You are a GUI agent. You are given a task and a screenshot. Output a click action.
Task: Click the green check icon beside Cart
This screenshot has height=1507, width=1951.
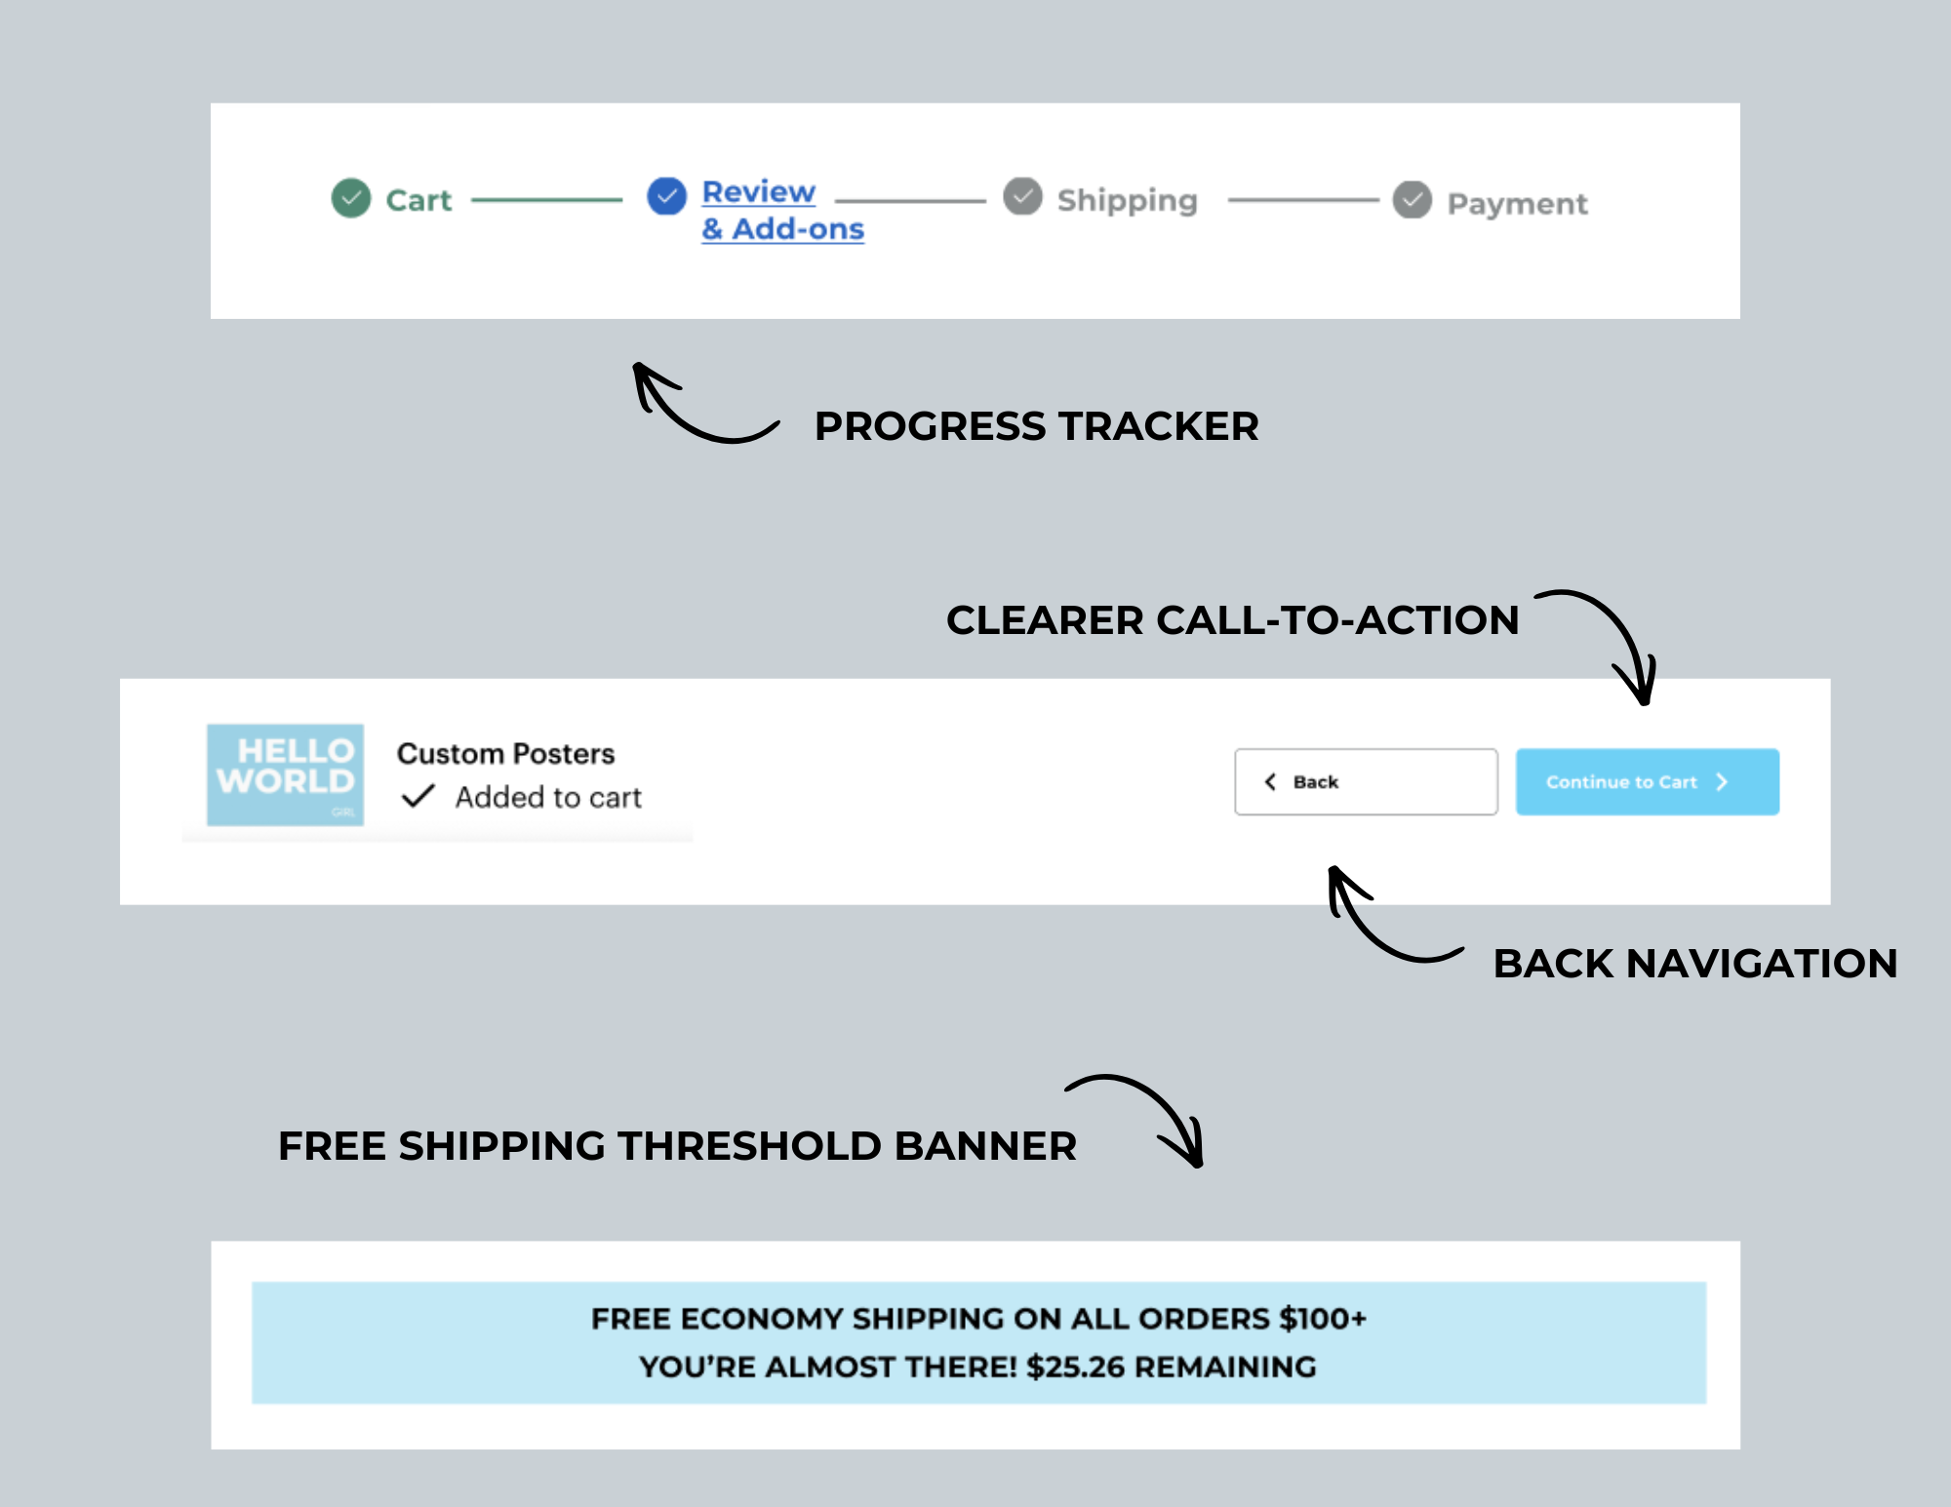[x=351, y=198]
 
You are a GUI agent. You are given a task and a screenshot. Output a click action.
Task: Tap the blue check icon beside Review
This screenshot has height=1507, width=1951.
[x=667, y=196]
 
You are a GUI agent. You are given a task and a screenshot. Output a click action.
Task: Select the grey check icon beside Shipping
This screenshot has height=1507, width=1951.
[x=1022, y=196]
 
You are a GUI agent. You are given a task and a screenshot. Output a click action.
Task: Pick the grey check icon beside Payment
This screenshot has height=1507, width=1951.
[x=1412, y=200]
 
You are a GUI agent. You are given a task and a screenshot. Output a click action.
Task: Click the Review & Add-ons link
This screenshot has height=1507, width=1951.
[x=781, y=210]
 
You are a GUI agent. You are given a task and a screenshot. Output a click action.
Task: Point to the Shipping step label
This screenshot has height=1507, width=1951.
[x=1127, y=200]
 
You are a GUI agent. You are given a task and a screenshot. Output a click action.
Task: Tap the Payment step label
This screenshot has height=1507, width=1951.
[x=1517, y=204]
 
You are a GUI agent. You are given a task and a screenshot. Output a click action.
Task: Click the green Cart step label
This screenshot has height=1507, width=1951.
[x=418, y=200]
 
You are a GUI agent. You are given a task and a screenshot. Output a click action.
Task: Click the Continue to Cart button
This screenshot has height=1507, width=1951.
[x=1647, y=782]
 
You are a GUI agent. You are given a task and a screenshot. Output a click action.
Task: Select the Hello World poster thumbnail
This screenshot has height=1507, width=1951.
[x=285, y=774]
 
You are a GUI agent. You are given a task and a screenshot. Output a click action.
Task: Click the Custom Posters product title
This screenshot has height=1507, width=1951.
[x=505, y=754]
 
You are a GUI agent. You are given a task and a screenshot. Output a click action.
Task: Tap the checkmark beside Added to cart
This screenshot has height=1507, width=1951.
[x=418, y=797]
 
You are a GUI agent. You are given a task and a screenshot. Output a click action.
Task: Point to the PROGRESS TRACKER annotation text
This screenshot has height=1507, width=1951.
[x=1036, y=426]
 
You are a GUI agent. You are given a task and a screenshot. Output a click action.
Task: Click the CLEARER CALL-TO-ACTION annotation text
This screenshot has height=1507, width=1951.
[x=1232, y=620]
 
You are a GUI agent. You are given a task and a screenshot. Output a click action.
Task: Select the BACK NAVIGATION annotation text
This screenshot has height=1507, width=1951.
[x=1694, y=964]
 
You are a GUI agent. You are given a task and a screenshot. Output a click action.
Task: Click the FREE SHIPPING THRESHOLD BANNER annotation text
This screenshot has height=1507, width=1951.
[x=677, y=1146]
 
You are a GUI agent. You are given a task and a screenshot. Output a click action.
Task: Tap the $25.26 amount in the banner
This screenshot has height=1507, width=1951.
[x=1075, y=1367]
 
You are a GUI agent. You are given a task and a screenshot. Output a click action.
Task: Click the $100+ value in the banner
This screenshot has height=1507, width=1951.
[x=1322, y=1319]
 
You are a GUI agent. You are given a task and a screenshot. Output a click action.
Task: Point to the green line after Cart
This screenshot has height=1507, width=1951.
[x=546, y=200]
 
